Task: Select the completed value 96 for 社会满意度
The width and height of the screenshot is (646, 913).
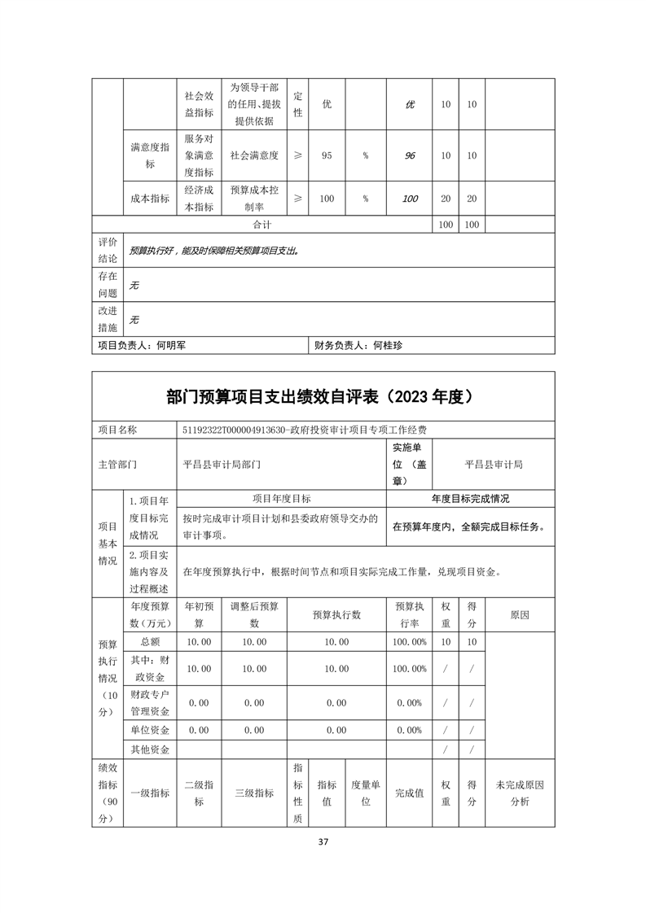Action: pos(410,155)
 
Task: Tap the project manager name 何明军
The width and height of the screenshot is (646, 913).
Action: pos(170,345)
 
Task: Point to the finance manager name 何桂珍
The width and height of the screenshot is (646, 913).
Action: pos(388,345)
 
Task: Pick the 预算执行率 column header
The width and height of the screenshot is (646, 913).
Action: pos(409,614)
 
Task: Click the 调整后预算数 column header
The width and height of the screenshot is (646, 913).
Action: pos(254,614)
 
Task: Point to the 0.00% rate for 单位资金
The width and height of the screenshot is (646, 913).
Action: pos(409,730)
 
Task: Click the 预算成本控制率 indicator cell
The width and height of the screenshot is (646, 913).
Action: pos(254,199)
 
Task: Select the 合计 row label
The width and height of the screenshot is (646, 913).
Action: pos(261,224)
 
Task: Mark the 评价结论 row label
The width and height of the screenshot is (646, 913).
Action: pos(108,250)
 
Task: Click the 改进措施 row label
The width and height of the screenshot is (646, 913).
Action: pos(108,319)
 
